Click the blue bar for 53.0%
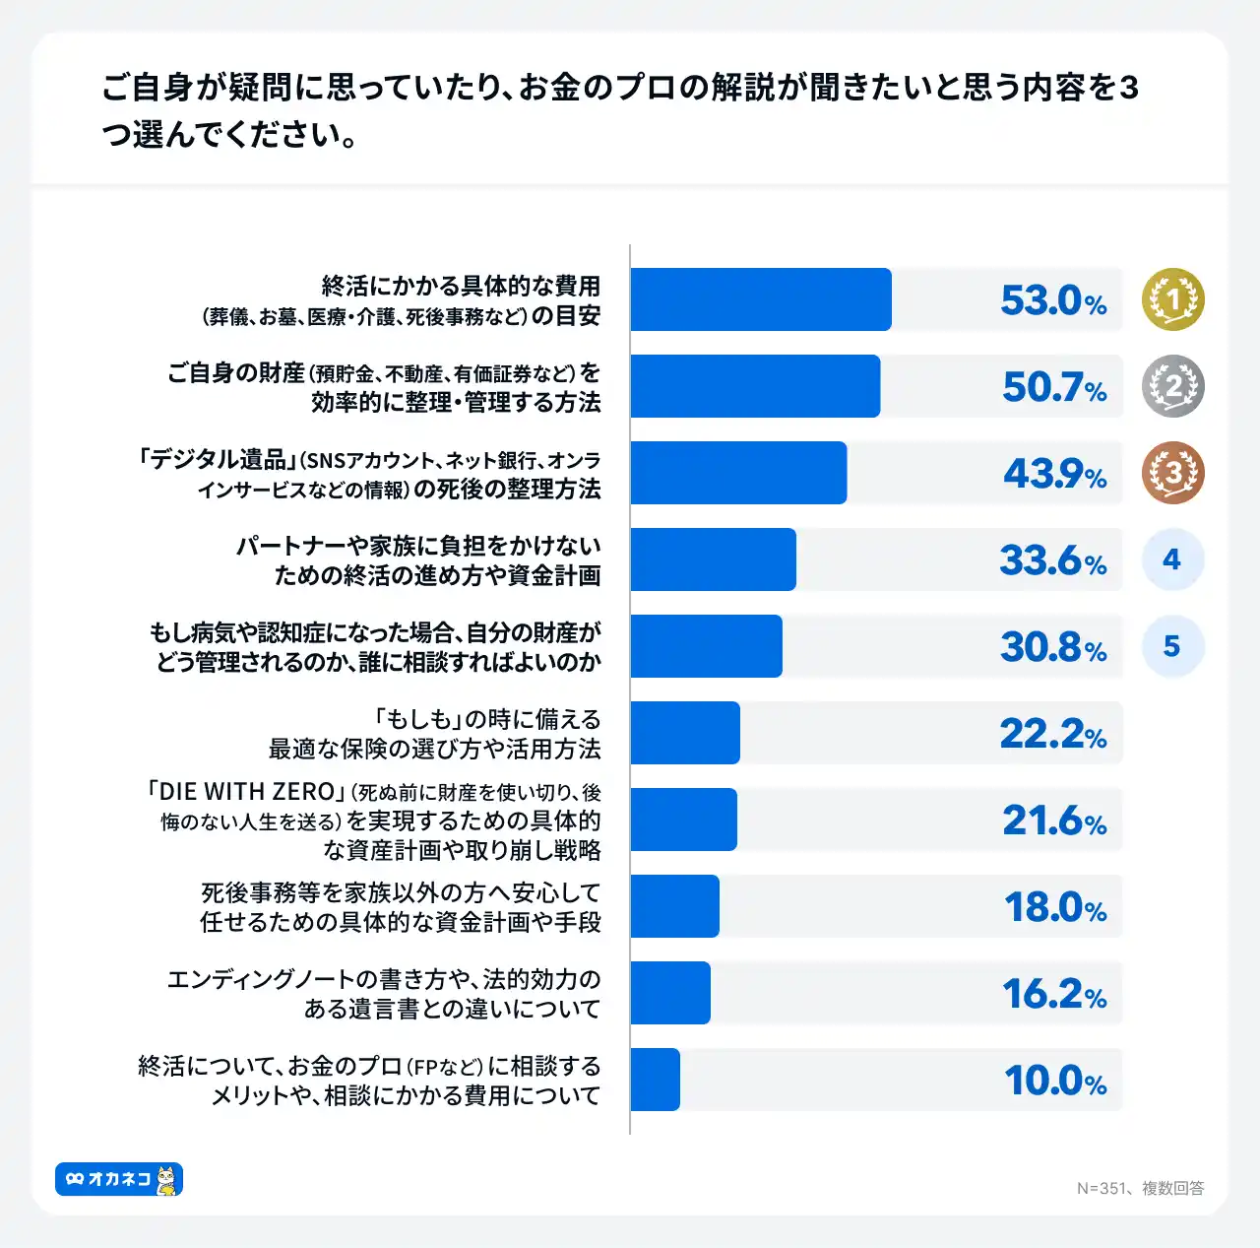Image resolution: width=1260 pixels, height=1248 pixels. tap(760, 299)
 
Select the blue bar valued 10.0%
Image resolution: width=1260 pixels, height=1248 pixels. tap(655, 1080)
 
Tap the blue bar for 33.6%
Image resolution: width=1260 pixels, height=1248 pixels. tap(713, 559)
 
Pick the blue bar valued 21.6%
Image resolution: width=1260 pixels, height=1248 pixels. tap(683, 820)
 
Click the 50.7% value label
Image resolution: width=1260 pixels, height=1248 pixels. tap(1054, 387)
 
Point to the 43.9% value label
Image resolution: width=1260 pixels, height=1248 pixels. tap(1054, 474)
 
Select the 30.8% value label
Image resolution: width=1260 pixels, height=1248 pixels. tap(1053, 647)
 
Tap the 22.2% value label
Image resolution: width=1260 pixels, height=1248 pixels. tap(1053, 734)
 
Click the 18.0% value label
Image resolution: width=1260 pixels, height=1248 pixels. tap(1054, 907)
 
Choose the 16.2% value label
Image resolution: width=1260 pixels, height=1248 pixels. tap(1054, 994)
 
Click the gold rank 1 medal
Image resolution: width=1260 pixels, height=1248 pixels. tap(1172, 299)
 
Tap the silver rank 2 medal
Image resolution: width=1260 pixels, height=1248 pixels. tap(1172, 386)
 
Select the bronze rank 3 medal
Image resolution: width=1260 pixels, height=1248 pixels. tap(1172, 473)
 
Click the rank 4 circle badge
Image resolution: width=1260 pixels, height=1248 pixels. tap(1172, 559)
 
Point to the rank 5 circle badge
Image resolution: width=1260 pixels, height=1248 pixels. tap(1172, 646)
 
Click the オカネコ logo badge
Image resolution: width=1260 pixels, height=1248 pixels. tap(119, 1179)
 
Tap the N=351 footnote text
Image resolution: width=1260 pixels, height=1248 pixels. tap(1140, 1188)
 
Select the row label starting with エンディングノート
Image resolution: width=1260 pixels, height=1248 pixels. tap(384, 994)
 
